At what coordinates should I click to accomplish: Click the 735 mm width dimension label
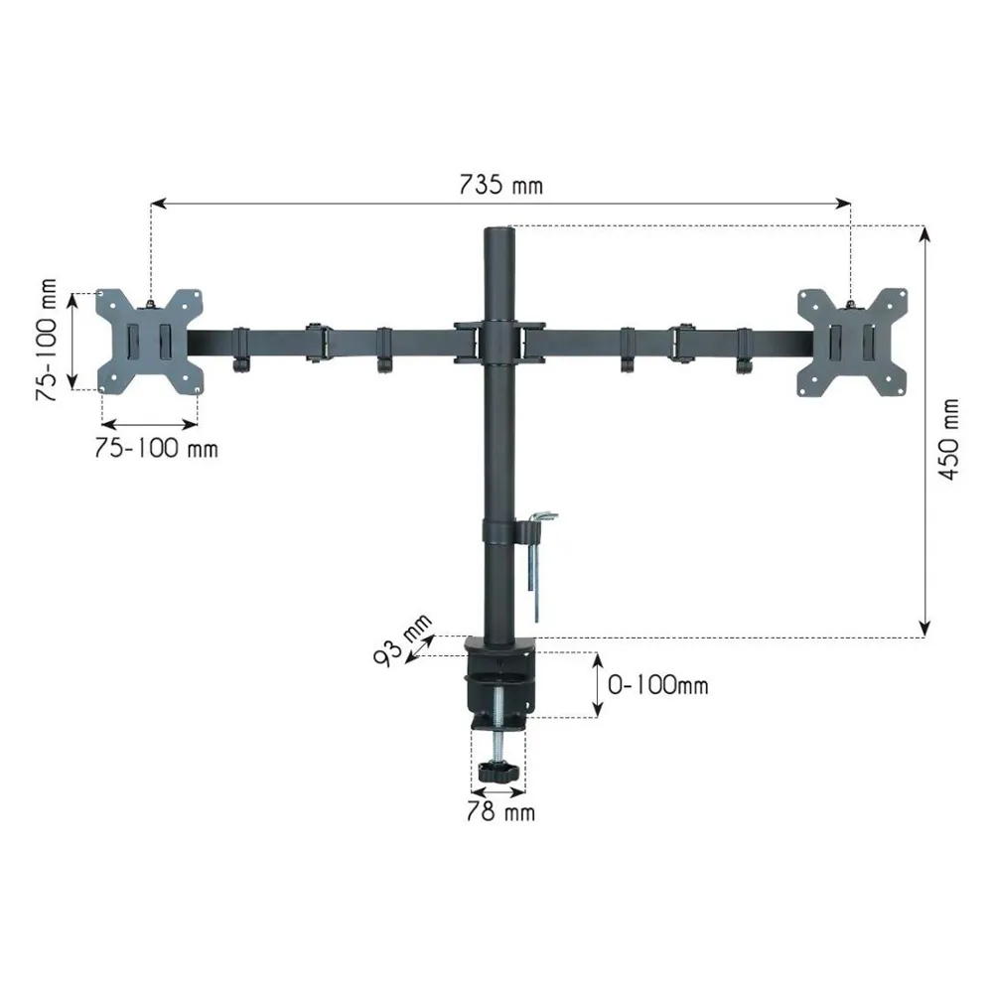coord(500,185)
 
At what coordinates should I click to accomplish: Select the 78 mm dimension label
coord(500,812)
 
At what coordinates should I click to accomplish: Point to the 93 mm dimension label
coord(402,639)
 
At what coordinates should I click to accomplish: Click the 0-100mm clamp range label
coord(658,684)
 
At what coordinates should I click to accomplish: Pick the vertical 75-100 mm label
coord(47,340)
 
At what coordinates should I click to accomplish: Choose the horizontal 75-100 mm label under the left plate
coord(157,449)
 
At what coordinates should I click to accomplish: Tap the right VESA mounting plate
coord(852,343)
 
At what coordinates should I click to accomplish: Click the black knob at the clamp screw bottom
coord(498,772)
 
